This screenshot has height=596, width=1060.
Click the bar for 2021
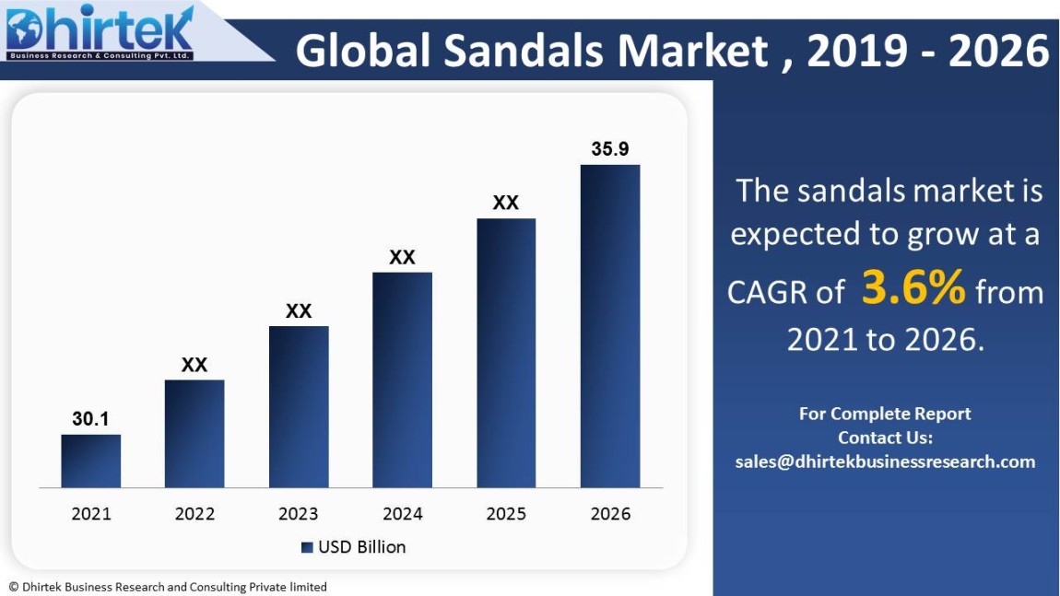pos(90,461)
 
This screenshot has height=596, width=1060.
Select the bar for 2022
pos(194,433)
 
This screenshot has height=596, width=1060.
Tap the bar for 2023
pos(299,406)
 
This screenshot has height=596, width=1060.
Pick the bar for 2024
pos(402,380)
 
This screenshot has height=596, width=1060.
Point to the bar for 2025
pos(506,353)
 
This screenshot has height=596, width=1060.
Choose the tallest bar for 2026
pos(609,326)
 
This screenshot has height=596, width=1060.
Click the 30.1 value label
pos(90,419)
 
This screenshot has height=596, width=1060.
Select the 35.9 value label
pos(609,149)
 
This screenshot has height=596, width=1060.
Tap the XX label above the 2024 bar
pos(402,257)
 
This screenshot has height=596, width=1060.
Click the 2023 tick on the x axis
pos(299,514)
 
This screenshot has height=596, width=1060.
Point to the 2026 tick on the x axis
pos(609,514)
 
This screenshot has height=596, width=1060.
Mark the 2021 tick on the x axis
pos(90,514)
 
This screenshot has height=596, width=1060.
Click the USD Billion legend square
pos(307,547)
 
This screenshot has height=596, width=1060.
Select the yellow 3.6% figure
pos(913,288)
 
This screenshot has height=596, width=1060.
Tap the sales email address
pos(885,462)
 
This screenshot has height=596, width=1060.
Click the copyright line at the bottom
pos(168,587)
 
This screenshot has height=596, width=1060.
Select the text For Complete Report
pos(885,414)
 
